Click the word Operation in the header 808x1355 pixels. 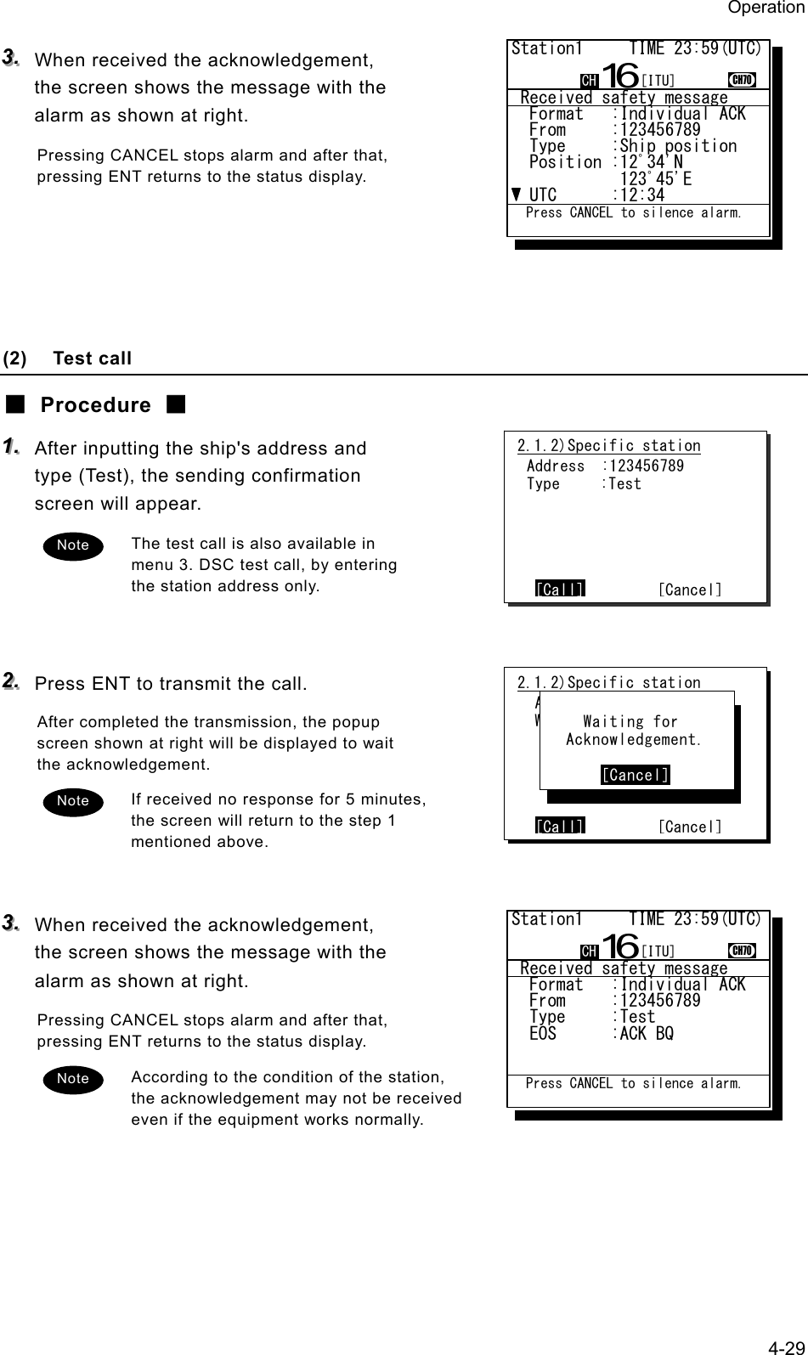(765, 8)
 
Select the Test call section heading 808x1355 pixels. (92, 359)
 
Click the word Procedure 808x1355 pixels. (95, 405)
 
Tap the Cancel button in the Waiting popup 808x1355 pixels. (635, 775)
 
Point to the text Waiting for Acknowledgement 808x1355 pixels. (634, 731)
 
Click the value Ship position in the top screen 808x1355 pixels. (678, 146)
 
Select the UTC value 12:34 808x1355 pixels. (642, 195)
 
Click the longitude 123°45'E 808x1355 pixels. (655, 178)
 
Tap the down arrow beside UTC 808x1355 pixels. (517, 195)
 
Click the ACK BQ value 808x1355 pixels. (647, 1034)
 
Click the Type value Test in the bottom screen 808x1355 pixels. (637, 1017)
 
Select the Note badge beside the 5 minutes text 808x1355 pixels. (73, 801)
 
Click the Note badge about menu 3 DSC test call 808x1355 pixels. (73, 545)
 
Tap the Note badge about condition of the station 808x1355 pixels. (73, 1079)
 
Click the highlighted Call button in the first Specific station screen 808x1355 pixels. (560, 590)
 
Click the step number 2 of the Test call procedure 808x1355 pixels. (12, 682)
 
